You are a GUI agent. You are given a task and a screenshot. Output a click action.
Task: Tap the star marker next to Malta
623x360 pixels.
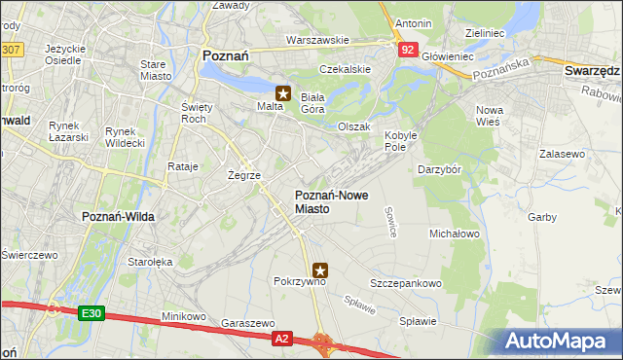[283, 94]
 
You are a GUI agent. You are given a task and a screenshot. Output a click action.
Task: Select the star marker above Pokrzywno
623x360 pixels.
[321, 270]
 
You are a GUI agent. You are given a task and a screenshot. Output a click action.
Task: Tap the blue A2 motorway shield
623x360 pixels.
[281, 338]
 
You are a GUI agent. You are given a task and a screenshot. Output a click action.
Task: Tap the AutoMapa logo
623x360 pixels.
[561, 341]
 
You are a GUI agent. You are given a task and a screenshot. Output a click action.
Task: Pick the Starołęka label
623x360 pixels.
[150, 262]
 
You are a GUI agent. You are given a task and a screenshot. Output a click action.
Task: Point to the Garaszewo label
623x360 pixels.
[244, 321]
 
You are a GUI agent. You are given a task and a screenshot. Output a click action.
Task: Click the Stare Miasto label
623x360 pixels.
[155, 71]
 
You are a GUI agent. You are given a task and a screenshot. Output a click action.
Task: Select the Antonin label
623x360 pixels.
[413, 22]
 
